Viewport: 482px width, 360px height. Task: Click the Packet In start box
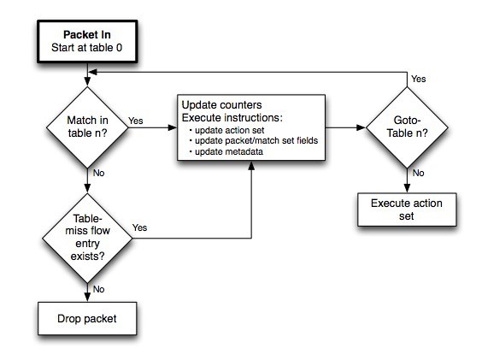tap(87, 42)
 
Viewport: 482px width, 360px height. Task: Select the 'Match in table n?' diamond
tap(87, 127)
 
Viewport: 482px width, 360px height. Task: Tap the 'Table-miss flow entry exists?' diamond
tap(87, 239)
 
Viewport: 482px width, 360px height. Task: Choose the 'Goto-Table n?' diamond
tap(407, 127)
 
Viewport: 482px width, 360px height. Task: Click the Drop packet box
tap(87, 318)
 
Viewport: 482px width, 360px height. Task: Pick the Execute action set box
tap(407, 210)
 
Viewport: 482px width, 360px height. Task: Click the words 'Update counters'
tap(221, 105)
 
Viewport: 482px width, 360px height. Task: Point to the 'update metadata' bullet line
tap(226, 151)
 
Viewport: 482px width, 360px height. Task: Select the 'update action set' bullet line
tap(226, 130)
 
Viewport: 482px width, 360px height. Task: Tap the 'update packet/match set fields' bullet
tap(254, 140)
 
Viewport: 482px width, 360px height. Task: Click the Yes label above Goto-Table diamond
tap(419, 79)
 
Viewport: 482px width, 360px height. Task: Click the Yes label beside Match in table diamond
tap(136, 121)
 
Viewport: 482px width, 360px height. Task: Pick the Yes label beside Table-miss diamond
tap(140, 227)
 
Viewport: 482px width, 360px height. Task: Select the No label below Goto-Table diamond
tap(419, 173)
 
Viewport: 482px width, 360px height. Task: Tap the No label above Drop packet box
tap(98, 289)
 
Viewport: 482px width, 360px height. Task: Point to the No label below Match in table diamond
tap(98, 173)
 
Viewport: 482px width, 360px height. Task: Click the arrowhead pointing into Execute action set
tap(407, 188)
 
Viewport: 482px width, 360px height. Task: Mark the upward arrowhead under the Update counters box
tap(251, 166)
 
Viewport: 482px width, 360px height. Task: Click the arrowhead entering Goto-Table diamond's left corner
tap(361, 127)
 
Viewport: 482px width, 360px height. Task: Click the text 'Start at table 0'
tap(86, 48)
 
